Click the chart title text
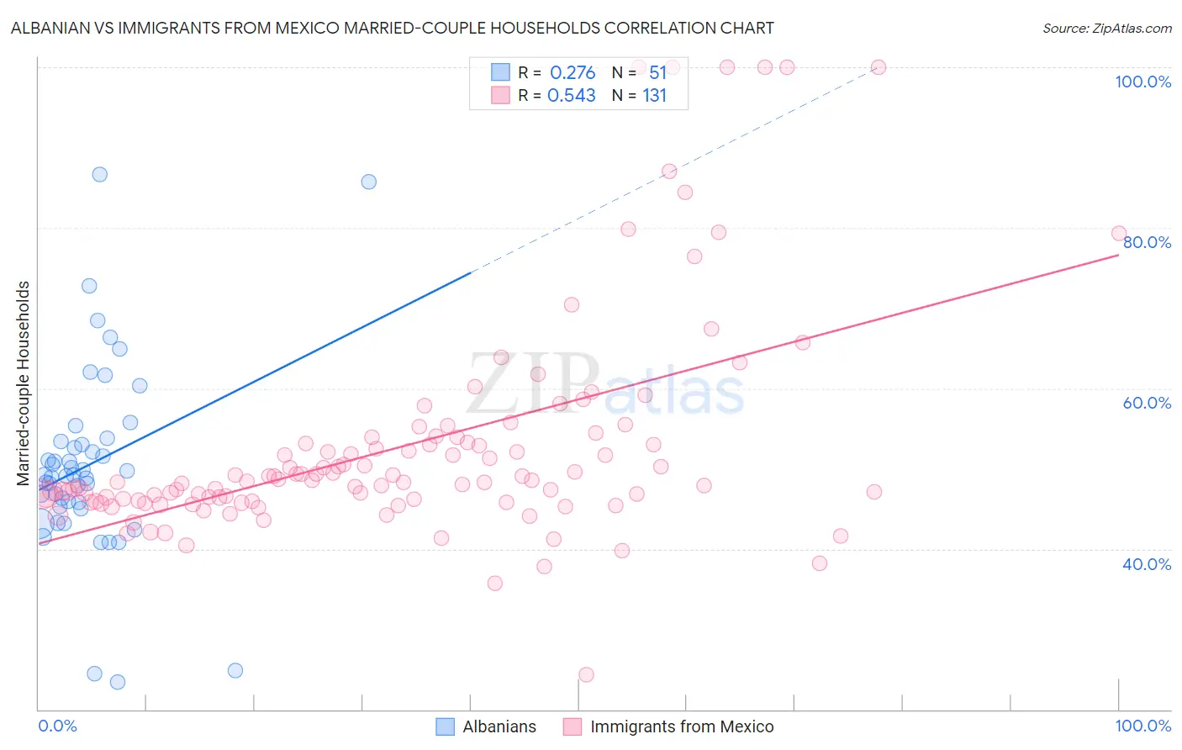coord(392,28)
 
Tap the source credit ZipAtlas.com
coord(1106,28)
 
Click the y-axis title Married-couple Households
coord(24,383)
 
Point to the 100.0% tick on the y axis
coord(1142,82)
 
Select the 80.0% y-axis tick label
coord(1147,242)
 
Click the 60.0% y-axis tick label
coord(1147,403)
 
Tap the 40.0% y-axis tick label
coord(1147,564)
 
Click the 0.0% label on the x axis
coord(57,726)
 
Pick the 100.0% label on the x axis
coord(1142,726)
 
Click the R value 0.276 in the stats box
coord(573,73)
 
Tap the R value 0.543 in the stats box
coord(572,96)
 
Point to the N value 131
coord(654,96)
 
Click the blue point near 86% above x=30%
coord(368,182)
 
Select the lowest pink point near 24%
coord(586,674)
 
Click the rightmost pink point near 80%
coord(1118,233)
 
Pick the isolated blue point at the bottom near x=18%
coord(235,670)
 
